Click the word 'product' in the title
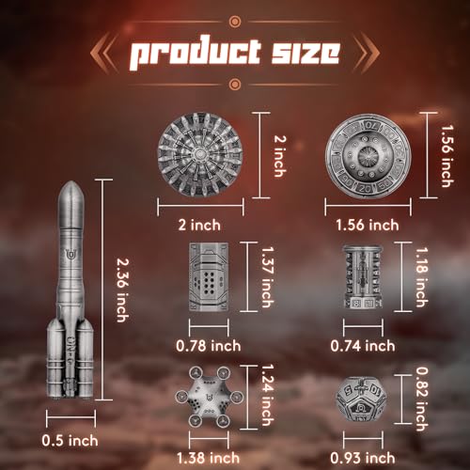pos(195,54)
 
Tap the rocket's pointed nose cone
pos(71,194)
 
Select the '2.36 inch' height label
pos(122,290)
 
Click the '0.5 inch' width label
pos(70,441)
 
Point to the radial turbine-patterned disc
pos(200,155)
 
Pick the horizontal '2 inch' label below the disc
pos(199,226)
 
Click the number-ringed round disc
pos(368,156)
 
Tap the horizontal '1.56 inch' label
pos(368,226)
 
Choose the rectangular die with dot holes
pos(209,277)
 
